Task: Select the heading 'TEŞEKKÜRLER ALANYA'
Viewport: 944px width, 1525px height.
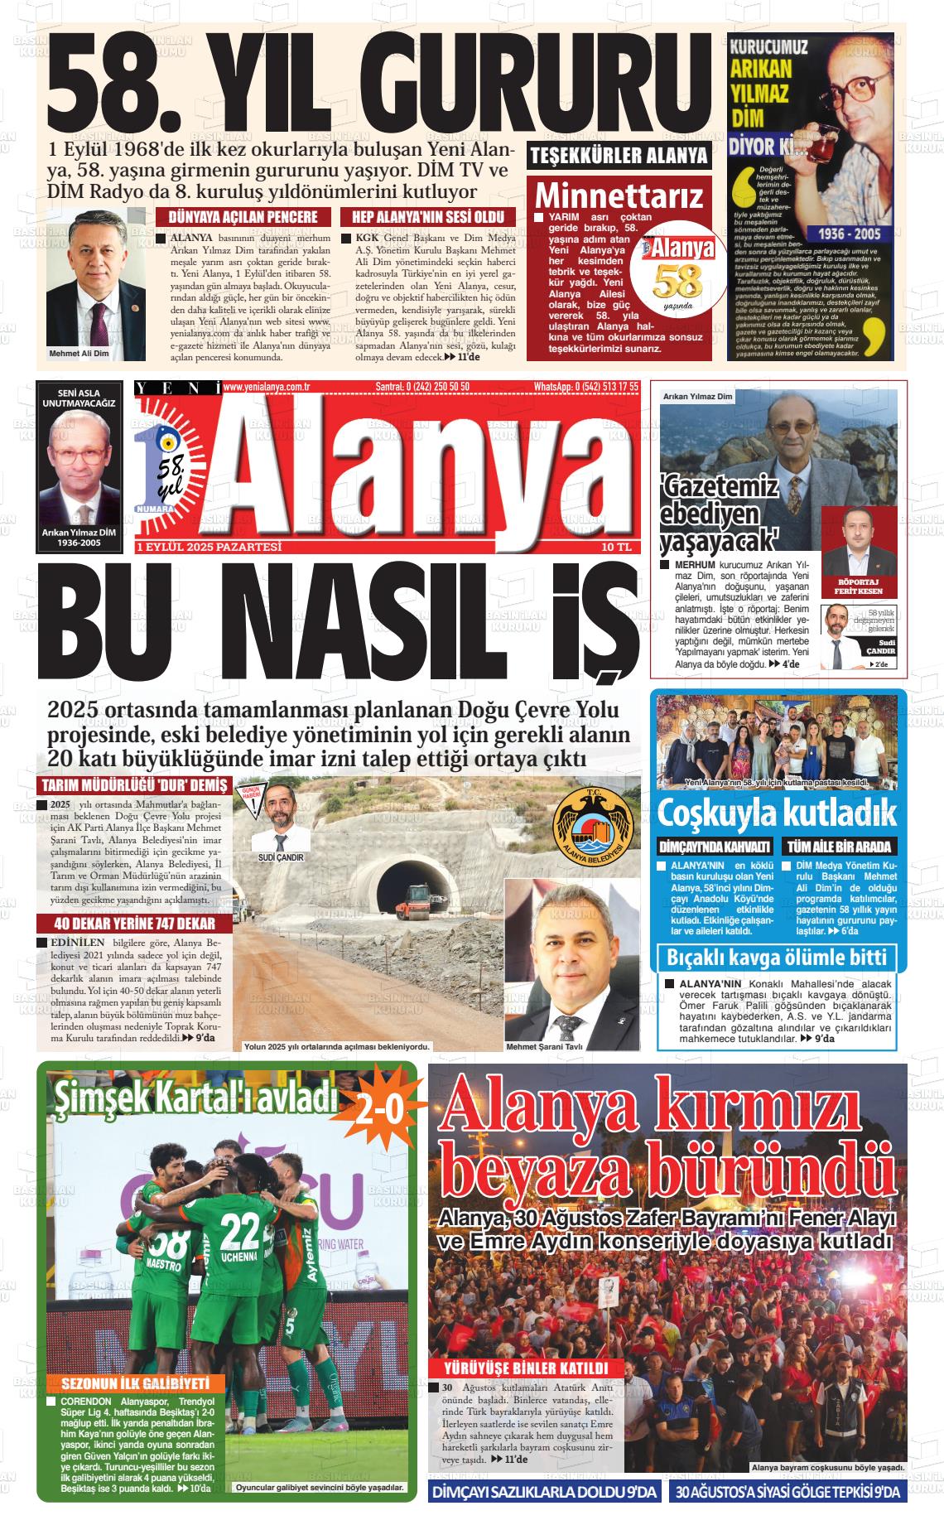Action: click(619, 156)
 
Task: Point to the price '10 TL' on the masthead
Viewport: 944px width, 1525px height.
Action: click(617, 548)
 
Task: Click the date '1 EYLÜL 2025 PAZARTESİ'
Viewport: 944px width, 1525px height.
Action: click(210, 548)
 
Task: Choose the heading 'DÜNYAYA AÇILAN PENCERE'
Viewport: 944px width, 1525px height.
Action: click(243, 217)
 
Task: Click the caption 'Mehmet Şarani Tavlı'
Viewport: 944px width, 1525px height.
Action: click(544, 1046)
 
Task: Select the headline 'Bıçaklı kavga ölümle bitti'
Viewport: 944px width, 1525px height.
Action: click(777, 958)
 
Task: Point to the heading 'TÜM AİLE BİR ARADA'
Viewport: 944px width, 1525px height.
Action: click(839, 847)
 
